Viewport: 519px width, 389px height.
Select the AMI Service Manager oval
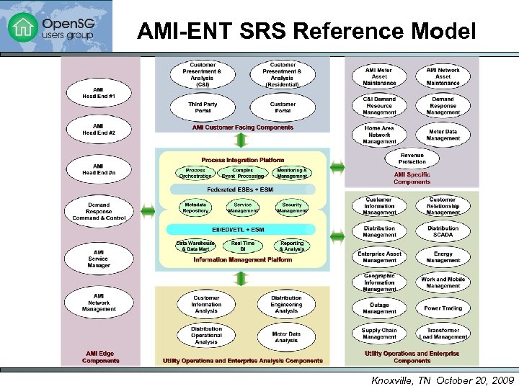coord(99,260)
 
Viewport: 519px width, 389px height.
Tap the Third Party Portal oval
coord(203,107)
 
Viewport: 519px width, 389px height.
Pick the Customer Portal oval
coord(283,107)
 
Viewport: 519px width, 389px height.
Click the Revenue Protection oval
coord(412,158)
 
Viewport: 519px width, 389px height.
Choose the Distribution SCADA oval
coord(443,232)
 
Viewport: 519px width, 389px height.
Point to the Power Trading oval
coord(443,308)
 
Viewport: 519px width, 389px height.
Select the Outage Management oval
coord(379,308)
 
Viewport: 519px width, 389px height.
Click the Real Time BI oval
coord(243,246)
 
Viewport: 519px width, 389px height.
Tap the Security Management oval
coord(292,208)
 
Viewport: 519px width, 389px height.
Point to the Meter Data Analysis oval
coord(286,336)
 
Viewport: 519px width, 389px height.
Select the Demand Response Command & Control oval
coord(99,210)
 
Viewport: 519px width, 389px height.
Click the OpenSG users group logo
coord(56,27)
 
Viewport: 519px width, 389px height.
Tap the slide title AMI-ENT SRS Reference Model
coord(306,32)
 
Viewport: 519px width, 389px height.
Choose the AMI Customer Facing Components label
coord(243,128)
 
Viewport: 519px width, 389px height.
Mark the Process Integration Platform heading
coord(243,160)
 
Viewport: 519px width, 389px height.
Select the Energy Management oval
coord(443,257)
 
